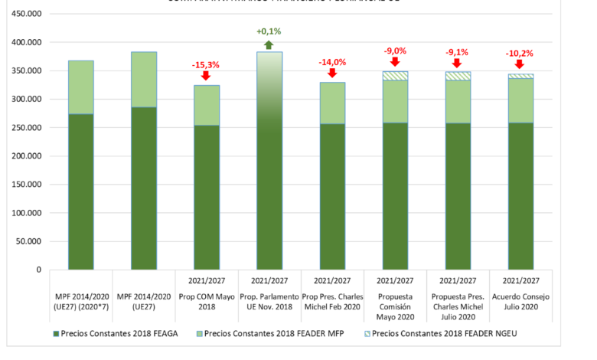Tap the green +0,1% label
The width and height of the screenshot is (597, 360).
point(269,31)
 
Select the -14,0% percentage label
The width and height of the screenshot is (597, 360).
point(332,62)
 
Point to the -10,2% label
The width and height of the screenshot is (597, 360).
point(520,54)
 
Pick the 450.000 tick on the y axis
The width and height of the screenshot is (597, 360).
point(24,15)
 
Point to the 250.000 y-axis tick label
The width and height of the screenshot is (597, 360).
point(24,128)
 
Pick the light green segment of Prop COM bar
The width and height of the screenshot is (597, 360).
point(207,106)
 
